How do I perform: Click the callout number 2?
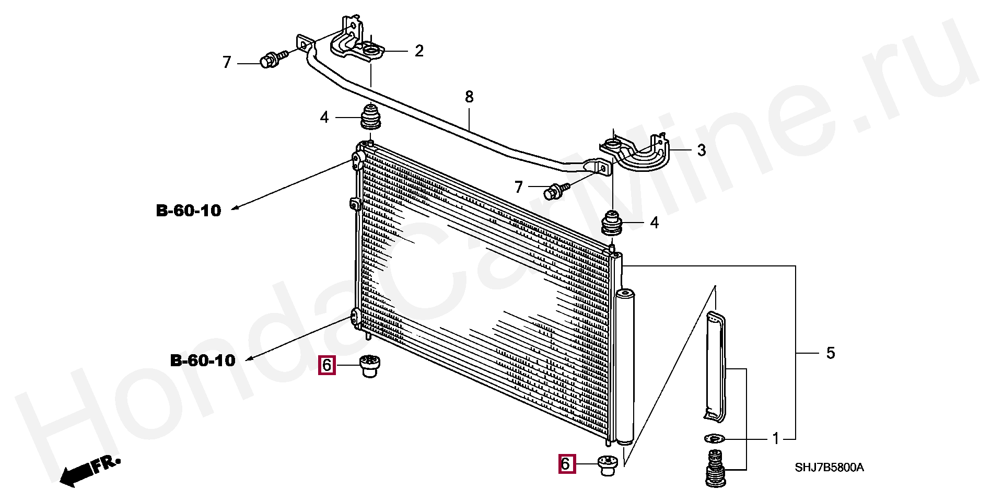click(419, 51)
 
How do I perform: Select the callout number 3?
click(702, 150)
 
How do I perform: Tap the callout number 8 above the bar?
click(469, 97)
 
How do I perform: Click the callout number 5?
click(831, 353)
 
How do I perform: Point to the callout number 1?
click(776, 439)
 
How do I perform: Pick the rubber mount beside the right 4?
click(612, 224)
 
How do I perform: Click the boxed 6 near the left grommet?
click(326, 365)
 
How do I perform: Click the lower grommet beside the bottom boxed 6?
click(607, 465)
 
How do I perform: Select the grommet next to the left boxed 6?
click(370, 366)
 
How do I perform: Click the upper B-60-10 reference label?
click(189, 211)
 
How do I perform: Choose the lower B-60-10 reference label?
click(203, 360)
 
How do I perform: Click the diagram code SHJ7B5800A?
click(829, 468)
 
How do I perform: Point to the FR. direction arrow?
click(89, 472)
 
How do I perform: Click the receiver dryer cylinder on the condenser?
click(625, 366)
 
